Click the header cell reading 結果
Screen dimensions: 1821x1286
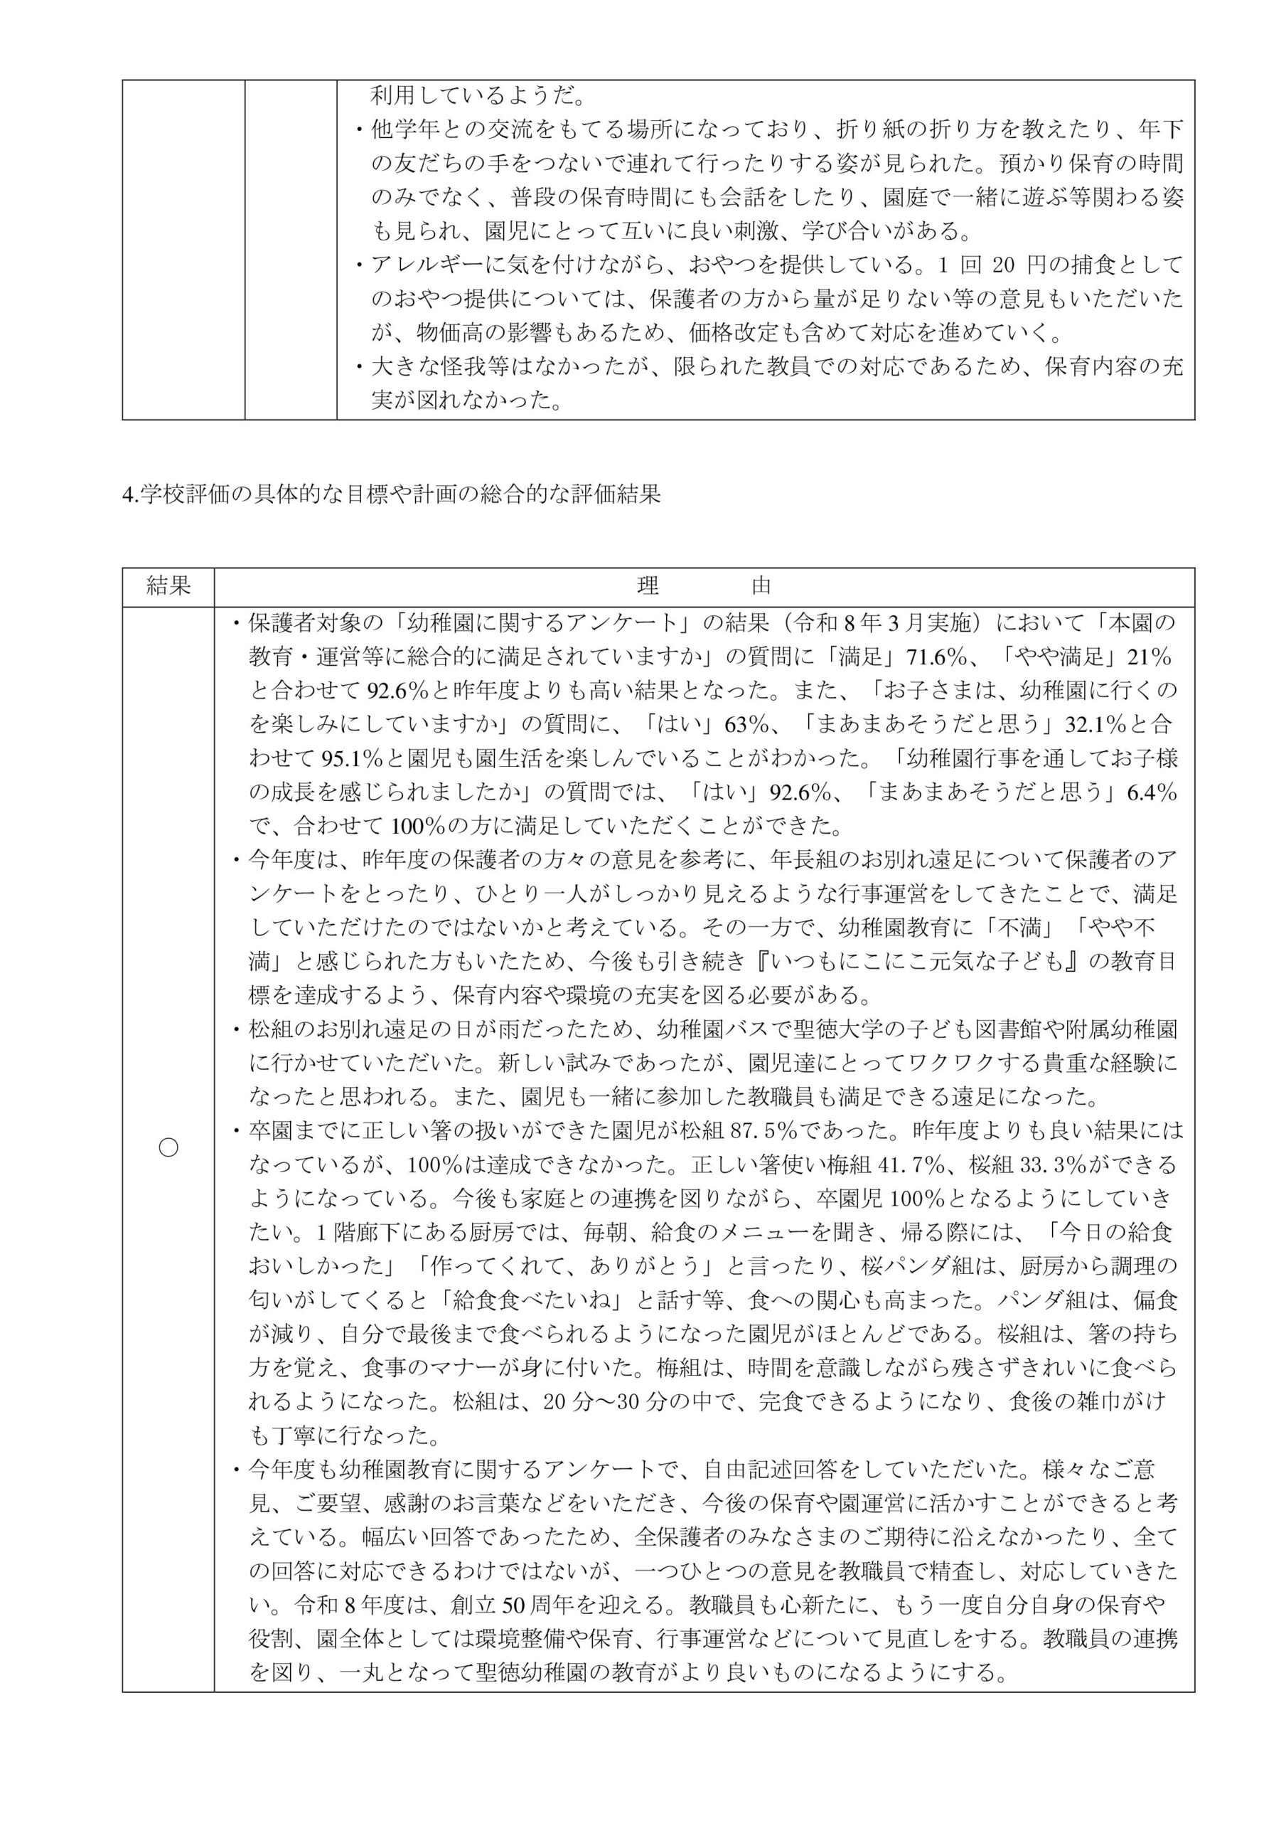pyautogui.click(x=168, y=586)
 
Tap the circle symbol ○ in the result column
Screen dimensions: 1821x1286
pyautogui.click(x=168, y=1147)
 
